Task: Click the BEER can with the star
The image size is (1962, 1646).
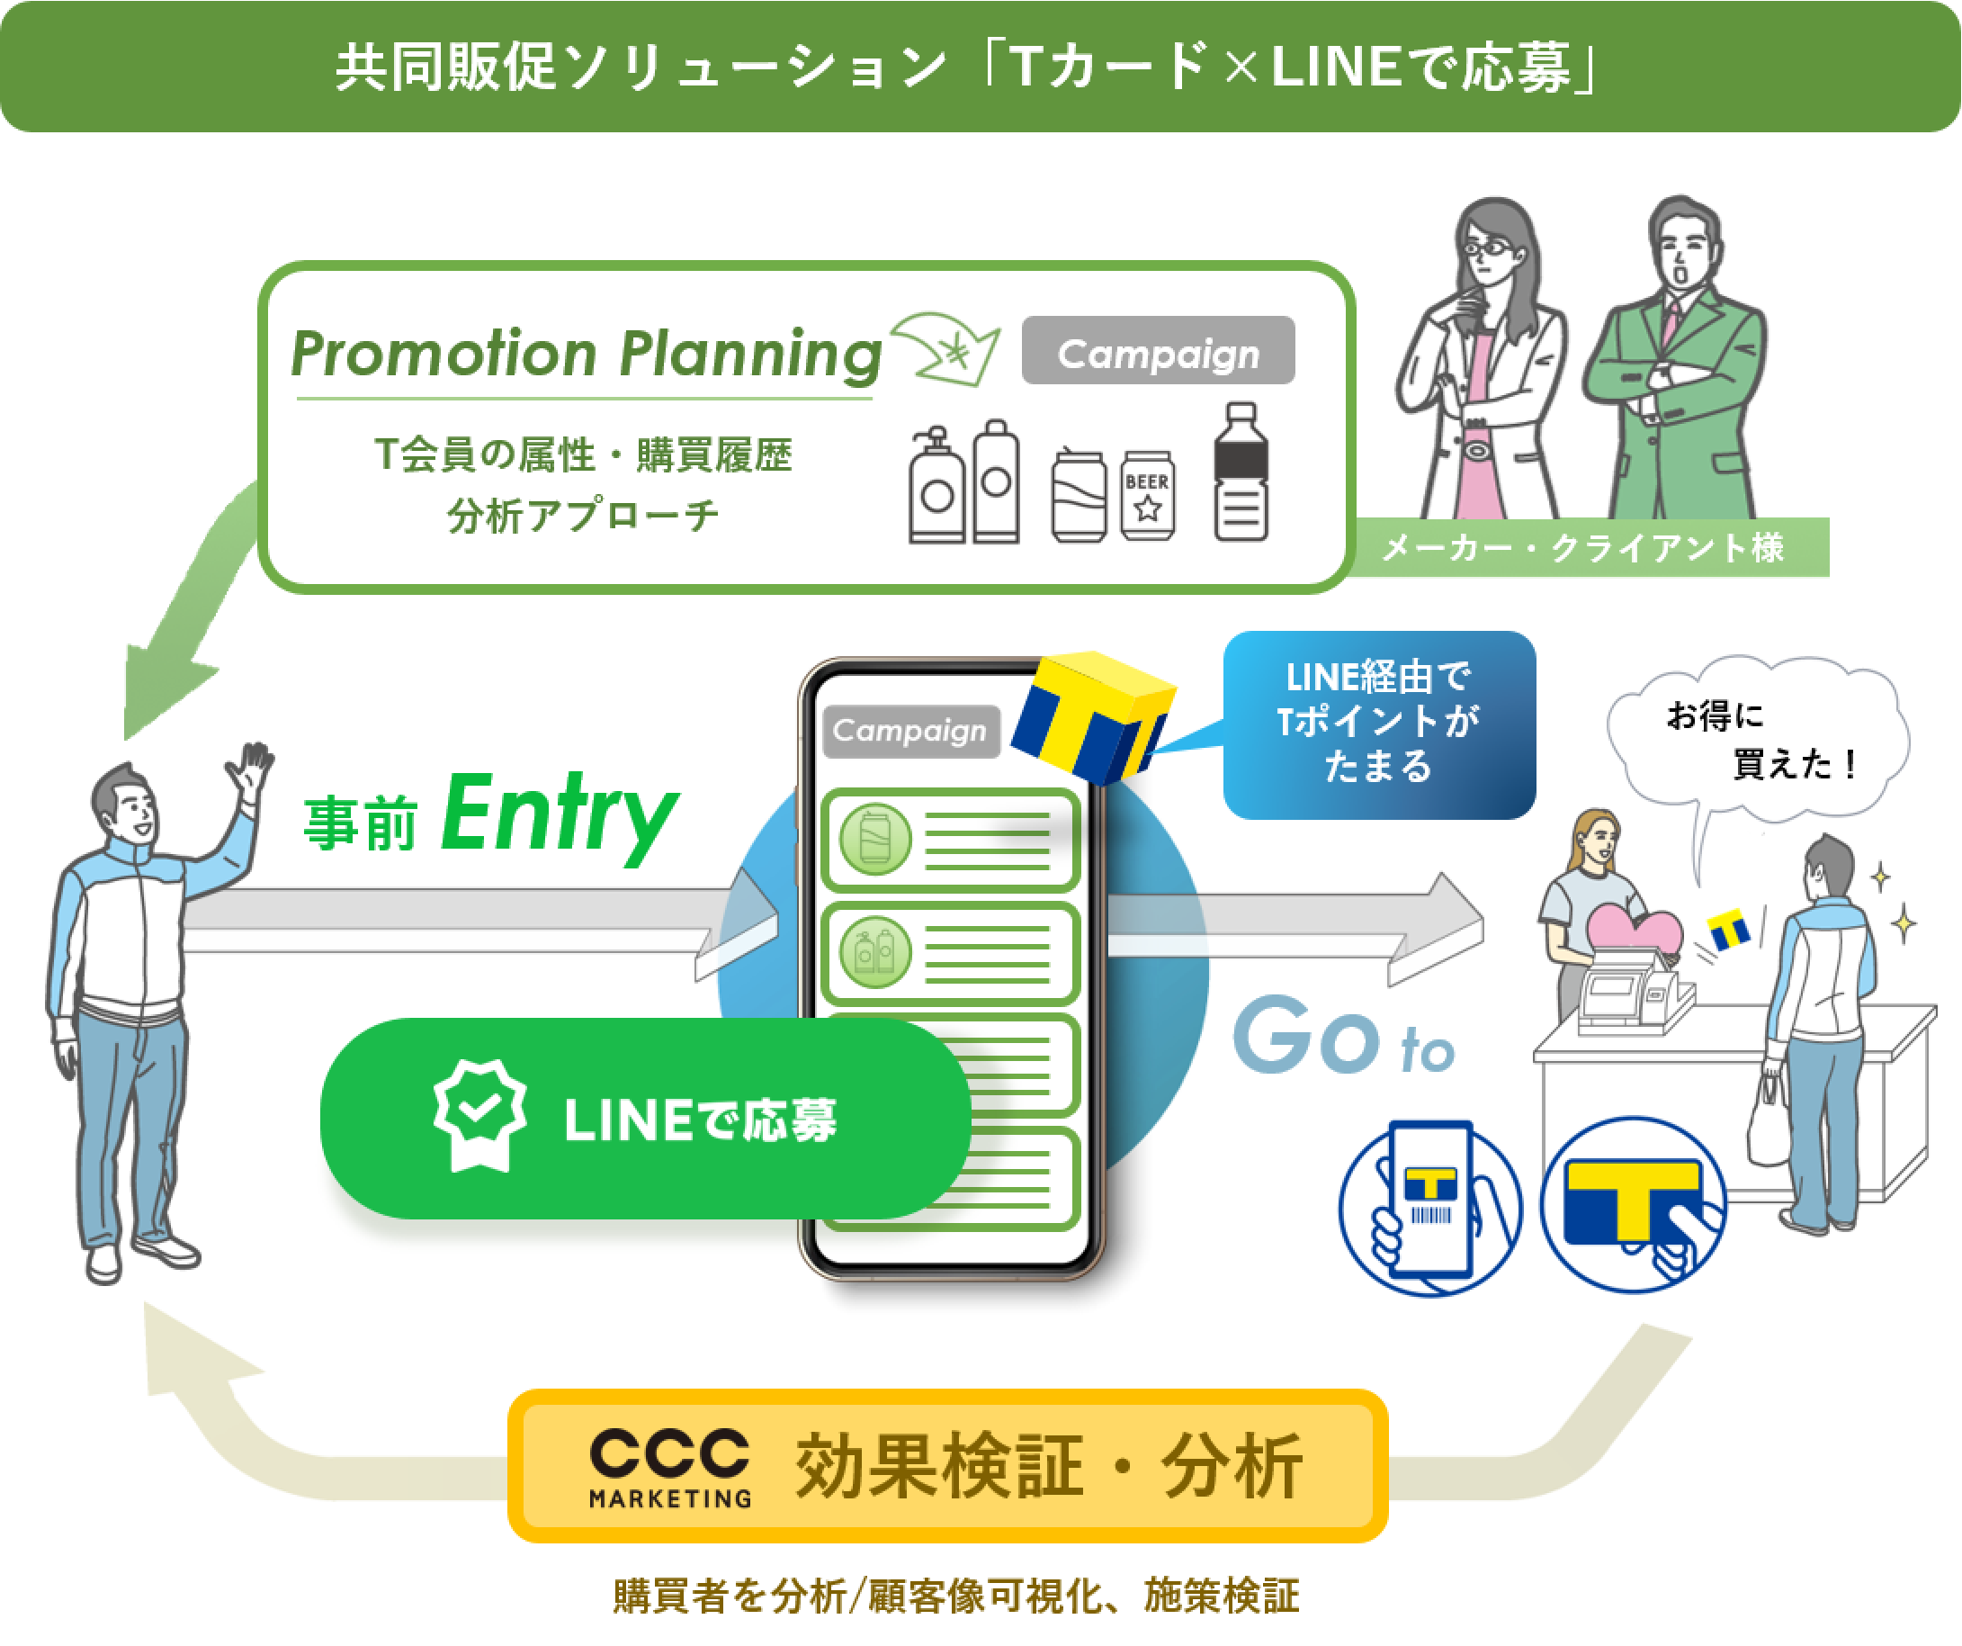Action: pyautogui.click(x=1147, y=495)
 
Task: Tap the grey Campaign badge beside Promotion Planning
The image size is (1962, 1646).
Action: pyautogui.click(x=1158, y=350)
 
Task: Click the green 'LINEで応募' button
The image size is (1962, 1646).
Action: pyautogui.click(x=645, y=1119)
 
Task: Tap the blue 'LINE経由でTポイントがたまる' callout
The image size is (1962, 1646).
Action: pyautogui.click(x=1379, y=724)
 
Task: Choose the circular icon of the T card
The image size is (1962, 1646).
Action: pyautogui.click(x=1633, y=1205)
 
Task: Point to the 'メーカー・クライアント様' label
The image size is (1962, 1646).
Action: pyautogui.click(x=1582, y=548)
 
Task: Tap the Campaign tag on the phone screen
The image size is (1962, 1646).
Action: pyautogui.click(x=910, y=730)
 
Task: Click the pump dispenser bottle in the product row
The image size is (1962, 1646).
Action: pyautogui.click(x=937, y=485)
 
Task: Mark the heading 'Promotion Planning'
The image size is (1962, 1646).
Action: pyautogui.click(x=586, y=354)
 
